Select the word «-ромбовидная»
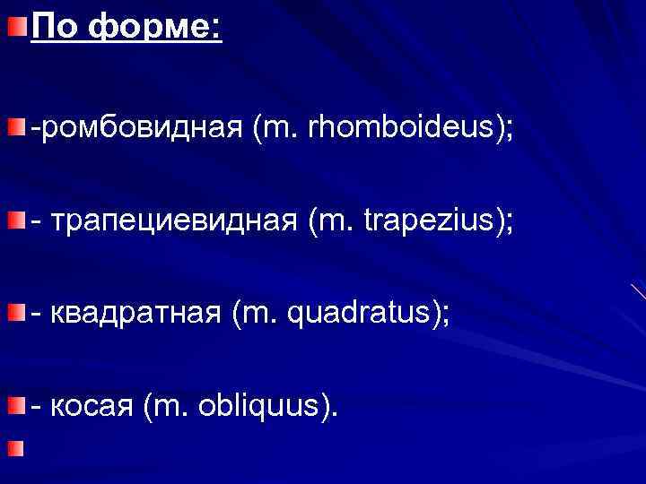(x=135, y=127)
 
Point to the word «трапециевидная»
(x=174, y=220)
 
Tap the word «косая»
(x=92, y=405)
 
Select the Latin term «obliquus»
(x=268, y=405)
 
